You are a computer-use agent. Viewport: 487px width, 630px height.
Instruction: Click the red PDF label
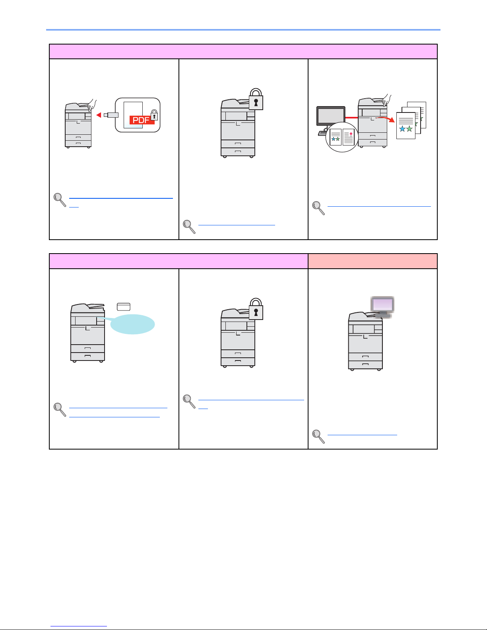(142, 120)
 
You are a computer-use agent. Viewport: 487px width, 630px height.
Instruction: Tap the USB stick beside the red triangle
(111, 115)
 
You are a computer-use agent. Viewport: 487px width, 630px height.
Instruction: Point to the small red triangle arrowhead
(99, 115)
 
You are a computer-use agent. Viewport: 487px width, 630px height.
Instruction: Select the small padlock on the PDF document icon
(154, 116)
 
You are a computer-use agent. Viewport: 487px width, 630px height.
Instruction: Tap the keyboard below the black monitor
(322, 134)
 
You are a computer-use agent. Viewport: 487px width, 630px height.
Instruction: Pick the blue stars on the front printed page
(406, 129)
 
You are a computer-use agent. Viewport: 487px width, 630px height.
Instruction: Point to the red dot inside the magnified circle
(351, 134)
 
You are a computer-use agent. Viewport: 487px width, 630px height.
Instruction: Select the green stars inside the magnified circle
(336, 139)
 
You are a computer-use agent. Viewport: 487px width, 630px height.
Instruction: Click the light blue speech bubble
(132, 324)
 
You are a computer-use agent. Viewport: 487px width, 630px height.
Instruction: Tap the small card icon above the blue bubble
(124, 306)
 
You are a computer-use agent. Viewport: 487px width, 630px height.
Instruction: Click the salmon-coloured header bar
(373, 261)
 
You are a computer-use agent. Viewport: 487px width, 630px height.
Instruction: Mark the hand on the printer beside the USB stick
(91, 104)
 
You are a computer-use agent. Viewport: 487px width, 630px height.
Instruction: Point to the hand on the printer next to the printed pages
(386, 99)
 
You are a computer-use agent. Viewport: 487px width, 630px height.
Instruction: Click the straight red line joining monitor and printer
(351, 118)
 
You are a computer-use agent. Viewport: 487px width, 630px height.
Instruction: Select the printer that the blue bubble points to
(87, 333)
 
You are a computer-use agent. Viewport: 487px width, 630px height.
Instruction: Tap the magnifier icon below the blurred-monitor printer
(318, 436)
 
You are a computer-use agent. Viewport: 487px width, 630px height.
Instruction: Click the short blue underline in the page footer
(79, 626)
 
